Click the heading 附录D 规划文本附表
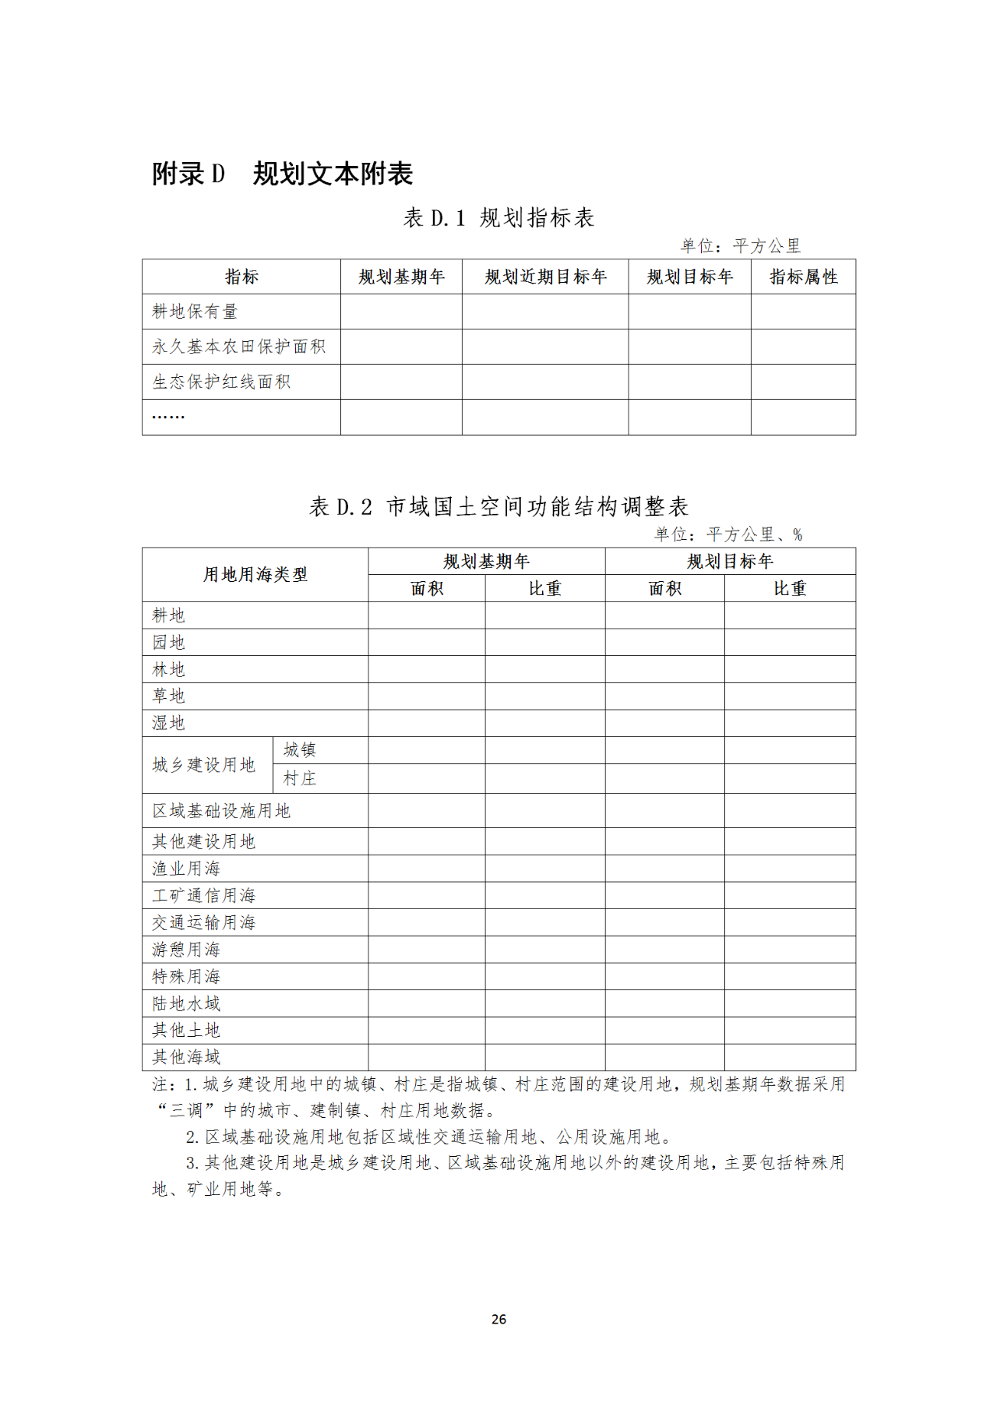(x=282, y=174)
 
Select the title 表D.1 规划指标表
(x=498, y=217)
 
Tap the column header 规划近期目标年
(x=545, y=277)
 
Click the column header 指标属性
(x=803, y=277)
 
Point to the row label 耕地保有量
(x=195, y=312)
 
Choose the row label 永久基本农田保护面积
(x=238, y=347)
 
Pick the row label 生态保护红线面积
(x=221, y=382)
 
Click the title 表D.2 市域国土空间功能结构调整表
(x=498, y=507)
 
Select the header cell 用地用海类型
(x=255, y=575)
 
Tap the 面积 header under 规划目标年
(x=664, y=589)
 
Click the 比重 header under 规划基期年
(x=544, y=589)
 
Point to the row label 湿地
(x=168, y=723)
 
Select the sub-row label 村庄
(x=300, y=778)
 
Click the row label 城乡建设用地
(x=204, y=765)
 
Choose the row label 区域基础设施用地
(x=221, y=811)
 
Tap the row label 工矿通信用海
(x=204, y=896)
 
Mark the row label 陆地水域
(x=186, y=1003)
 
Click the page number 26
(x=499, y=1319)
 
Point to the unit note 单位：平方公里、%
(x=727, y=534)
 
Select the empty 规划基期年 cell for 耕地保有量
(x=401, y=312)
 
